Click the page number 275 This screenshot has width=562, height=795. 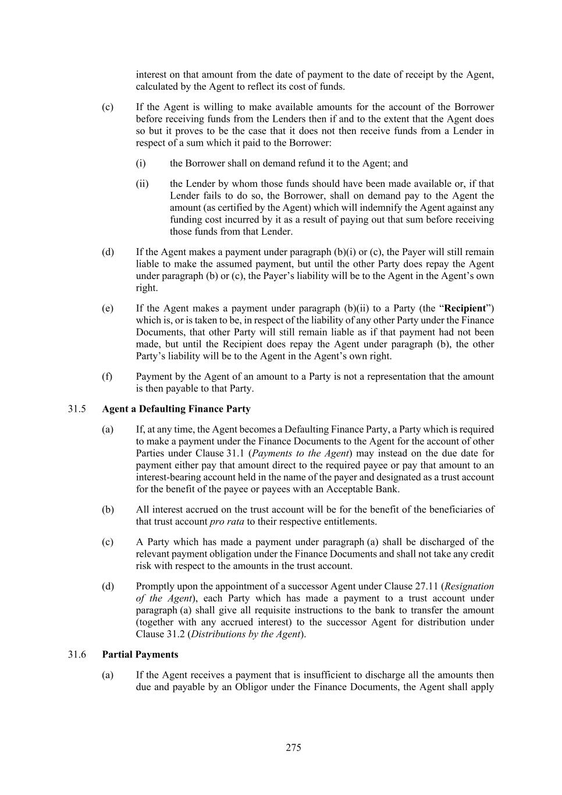click(x=293, y=747)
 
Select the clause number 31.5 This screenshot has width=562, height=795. click(x=77, y=409)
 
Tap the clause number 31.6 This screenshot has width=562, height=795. click(x=77, y=655)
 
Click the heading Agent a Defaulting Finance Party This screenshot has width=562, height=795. click(x=176, y=409)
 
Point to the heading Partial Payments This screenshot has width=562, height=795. click(x=140, y=655)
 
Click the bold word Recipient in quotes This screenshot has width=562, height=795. click(x=465, y=308)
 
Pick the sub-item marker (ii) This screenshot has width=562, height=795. click(x=143, y=184)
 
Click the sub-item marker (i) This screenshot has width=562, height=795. click(x=141, y=164)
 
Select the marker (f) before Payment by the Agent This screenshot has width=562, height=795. click(x=107, y=376)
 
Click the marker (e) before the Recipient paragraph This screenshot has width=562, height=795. click(x=107, y=308)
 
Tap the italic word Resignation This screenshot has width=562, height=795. click(x=469, y=586)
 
